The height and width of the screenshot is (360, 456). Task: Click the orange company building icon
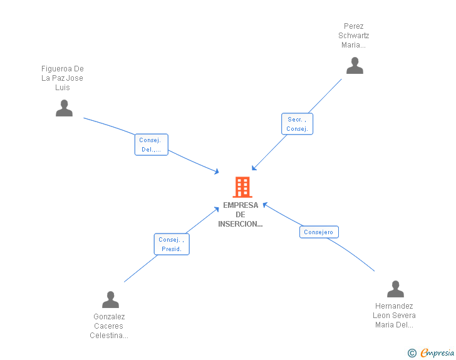point(242,187)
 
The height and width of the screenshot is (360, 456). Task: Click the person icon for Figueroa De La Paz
point(64,108)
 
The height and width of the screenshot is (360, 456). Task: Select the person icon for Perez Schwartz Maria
point(355,66)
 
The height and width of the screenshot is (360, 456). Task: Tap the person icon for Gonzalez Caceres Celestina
point(110,300)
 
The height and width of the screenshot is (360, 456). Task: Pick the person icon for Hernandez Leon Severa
point(395,289)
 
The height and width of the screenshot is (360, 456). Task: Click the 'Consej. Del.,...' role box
point(151,145)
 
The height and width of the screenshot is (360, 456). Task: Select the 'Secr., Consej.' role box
point(296,124)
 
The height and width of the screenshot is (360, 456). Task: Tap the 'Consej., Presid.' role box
point(171,244)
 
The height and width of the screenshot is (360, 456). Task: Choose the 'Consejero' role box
point(318,232)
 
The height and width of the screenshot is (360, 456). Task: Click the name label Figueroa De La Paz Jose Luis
point(62,78)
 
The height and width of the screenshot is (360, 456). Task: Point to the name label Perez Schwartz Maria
point(354,36)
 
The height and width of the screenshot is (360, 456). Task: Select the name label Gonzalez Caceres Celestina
point(109,326)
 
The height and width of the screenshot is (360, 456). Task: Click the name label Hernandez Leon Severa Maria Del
point(394,316)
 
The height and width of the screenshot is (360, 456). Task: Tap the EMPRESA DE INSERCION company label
point(241,215)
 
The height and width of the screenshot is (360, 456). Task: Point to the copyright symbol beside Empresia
point(412,353)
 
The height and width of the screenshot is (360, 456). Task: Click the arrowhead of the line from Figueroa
point(217,172)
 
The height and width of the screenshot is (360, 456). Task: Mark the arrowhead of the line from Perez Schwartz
point(254,168)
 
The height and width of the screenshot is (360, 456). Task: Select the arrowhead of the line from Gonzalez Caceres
point(217,208)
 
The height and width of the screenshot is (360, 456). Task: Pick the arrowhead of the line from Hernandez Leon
point(265,204)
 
